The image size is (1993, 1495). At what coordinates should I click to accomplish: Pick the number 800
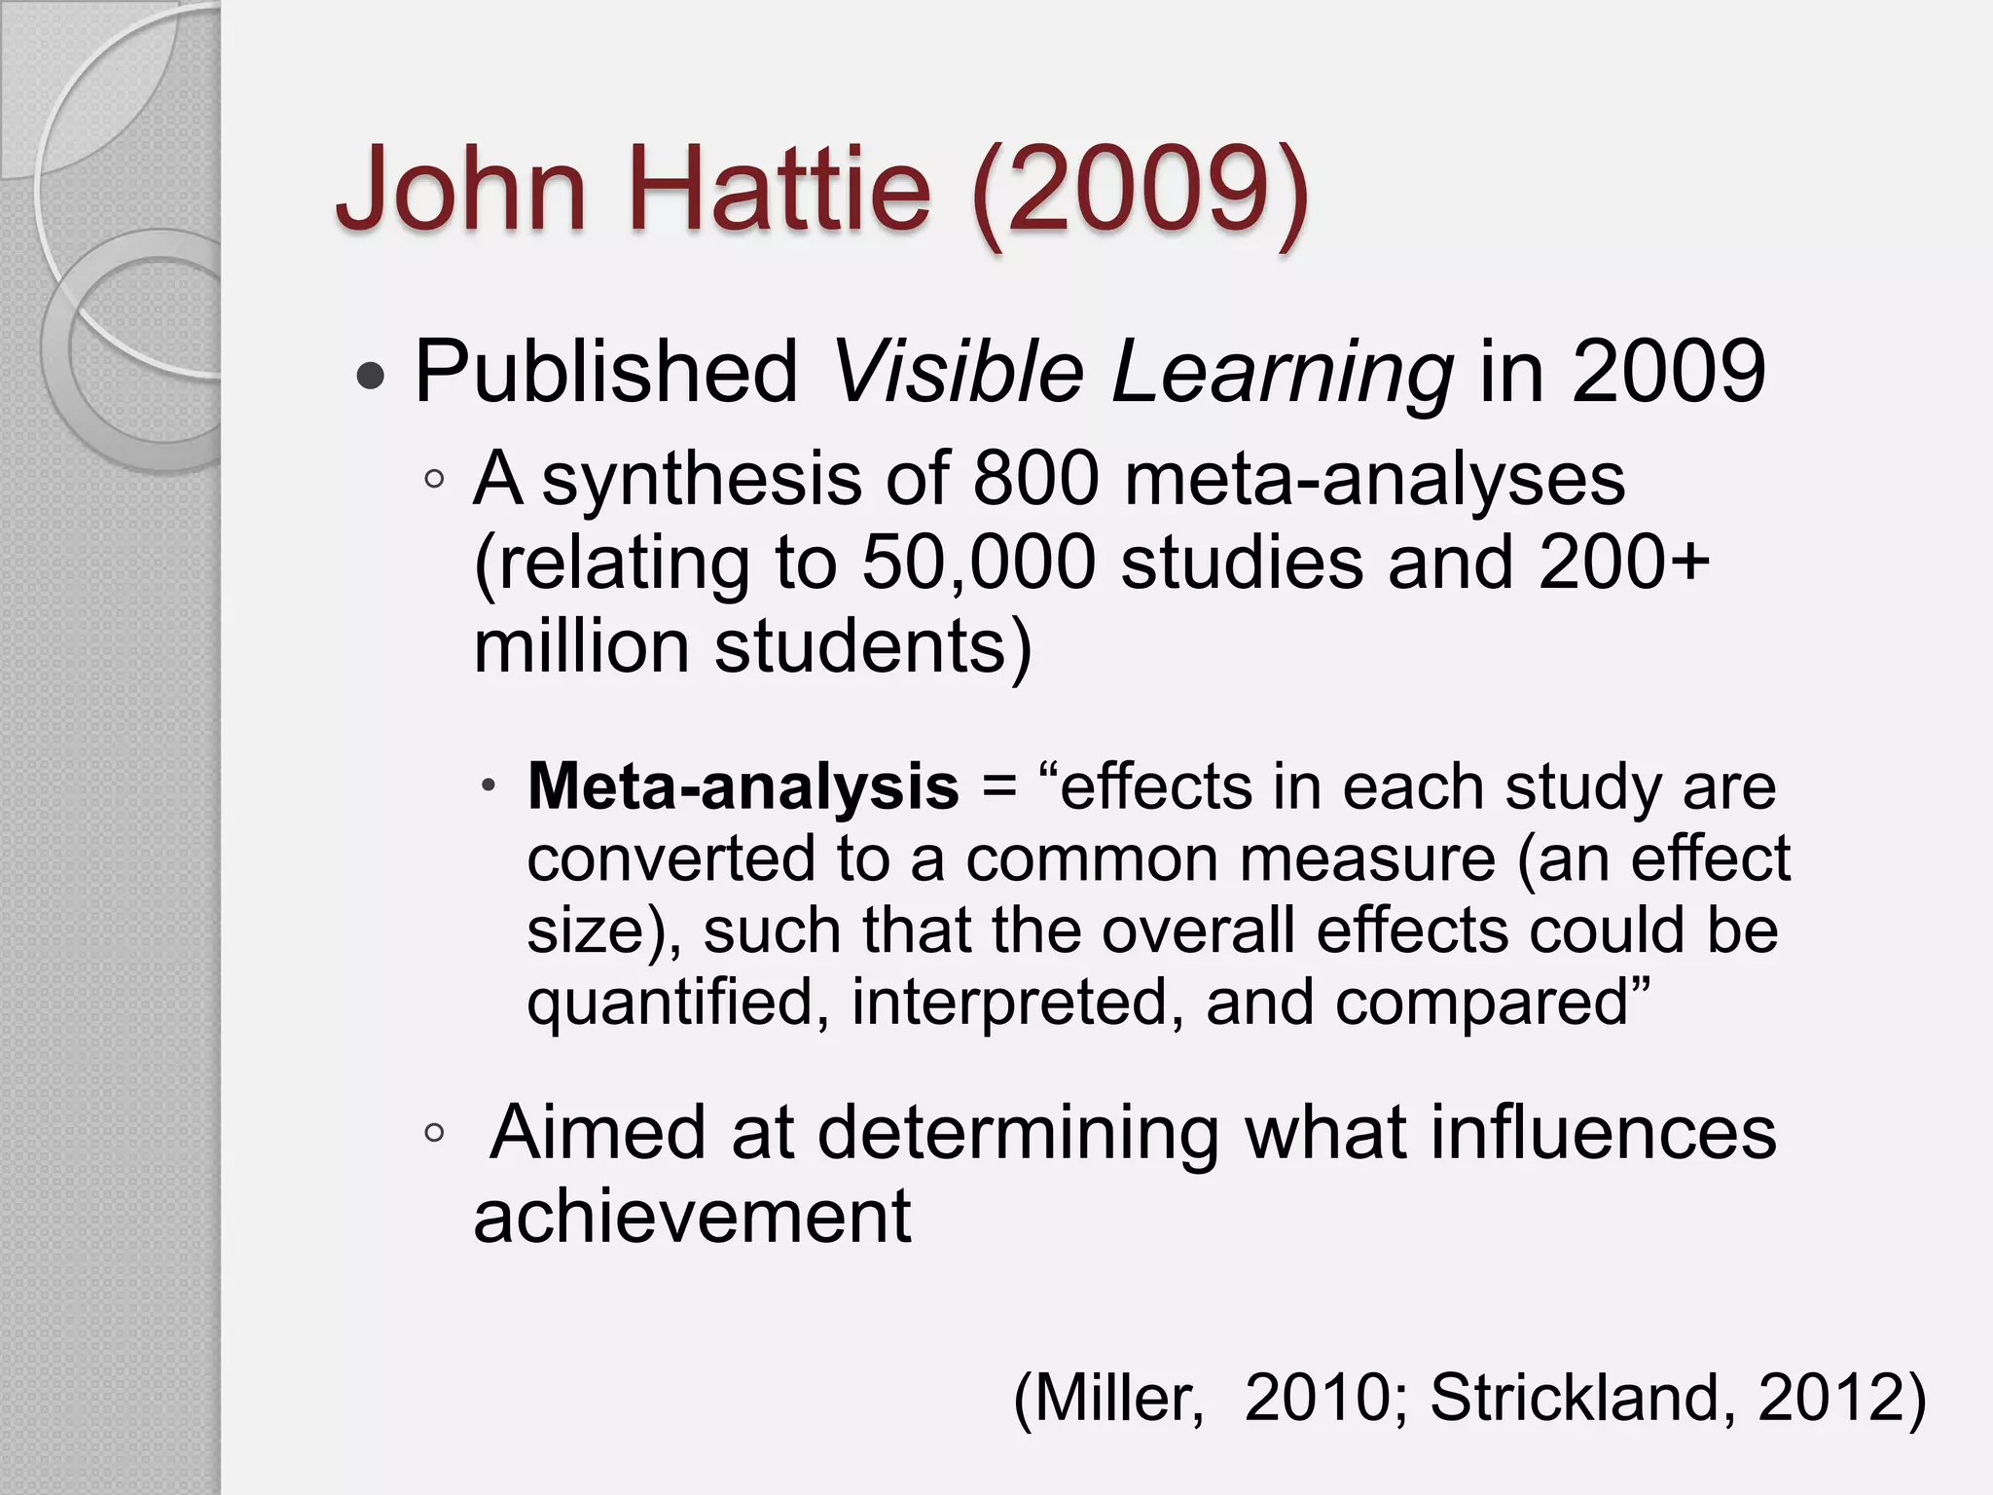[1035, 479]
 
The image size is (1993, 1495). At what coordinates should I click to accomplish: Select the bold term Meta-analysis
[743, 786]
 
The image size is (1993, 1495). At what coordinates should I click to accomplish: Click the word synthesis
[702, 481]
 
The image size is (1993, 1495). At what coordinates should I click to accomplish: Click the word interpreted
[1017, 1003]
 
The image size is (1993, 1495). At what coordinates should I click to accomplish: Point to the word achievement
[693, 1217]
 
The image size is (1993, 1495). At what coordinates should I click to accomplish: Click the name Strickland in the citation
[1581, 1398]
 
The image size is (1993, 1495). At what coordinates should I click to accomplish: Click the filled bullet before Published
[371, 376]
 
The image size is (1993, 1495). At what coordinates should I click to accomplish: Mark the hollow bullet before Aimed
[434, 1133]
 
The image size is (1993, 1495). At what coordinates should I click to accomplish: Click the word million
[581, 646]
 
